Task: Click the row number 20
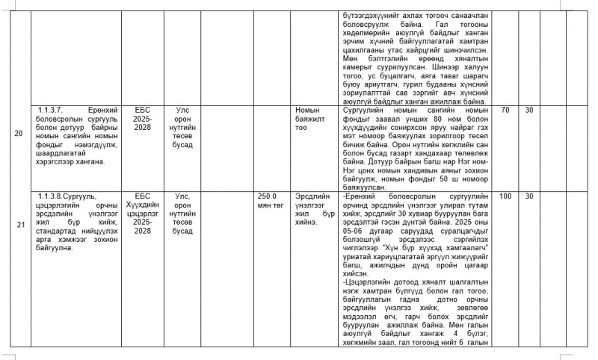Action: tap(18, 134)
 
